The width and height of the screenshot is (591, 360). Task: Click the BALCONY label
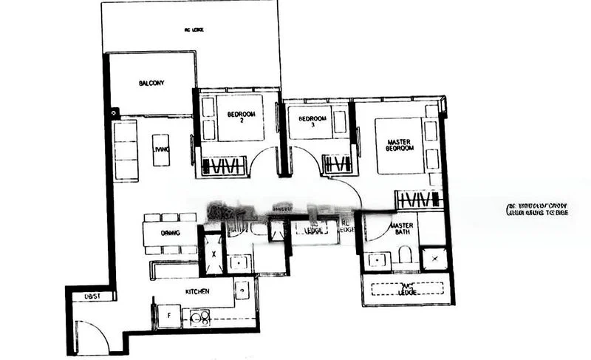click(x=151, y=83)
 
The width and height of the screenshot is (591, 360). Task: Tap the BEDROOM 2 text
click(x=241, y=118)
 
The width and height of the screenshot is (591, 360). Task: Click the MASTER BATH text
click(x=402, y=229)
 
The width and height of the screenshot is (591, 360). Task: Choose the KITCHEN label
click(x=197, y=292)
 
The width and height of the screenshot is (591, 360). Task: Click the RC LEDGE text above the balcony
click(x=194, y=30)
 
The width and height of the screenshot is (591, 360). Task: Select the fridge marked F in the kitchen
click(x=168, y=316)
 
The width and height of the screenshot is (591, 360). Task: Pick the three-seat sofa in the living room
click(x=126, y=151)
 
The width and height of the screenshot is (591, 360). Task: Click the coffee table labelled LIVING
click(x=161, y=150)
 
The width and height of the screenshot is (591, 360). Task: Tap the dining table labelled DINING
click(x=171, y=234)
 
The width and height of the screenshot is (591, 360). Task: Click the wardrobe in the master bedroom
click(x=417, y=200)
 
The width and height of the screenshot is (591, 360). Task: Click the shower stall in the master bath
click(x=434, y=259)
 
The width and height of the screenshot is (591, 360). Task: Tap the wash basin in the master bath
click(x=378, y=260)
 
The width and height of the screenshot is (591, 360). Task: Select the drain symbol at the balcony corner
click(x=115, y=113)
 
